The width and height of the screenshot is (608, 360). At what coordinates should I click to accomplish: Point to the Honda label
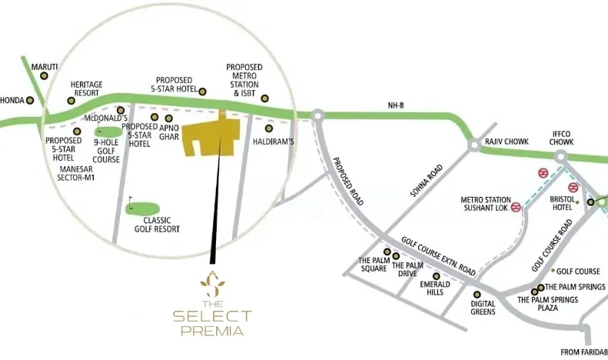click(12, 100)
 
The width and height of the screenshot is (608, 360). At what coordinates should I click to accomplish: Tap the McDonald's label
click(105, 119)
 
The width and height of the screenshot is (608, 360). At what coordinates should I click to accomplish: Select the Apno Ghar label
click(169, 131)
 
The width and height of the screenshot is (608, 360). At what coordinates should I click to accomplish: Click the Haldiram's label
click(274, 142)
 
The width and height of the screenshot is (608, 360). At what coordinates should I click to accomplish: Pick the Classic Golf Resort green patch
click(143, 208)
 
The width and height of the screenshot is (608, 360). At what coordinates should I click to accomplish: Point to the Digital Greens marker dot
click(477, 294)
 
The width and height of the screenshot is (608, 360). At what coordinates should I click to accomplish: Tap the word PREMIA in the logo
click(212, 332)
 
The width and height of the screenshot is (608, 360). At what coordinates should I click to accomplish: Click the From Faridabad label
click(584, 352)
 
